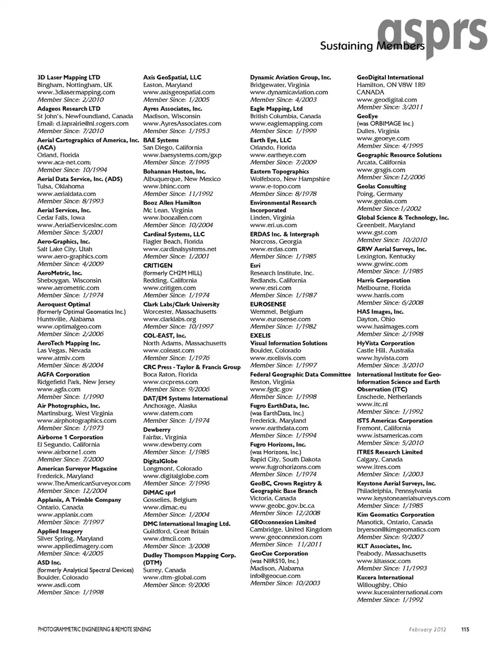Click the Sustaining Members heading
372,46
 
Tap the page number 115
465,629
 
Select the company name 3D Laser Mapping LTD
68,77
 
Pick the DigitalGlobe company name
160,461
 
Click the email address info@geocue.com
275,576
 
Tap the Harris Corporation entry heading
383,281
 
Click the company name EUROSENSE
268,305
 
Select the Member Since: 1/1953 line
176,131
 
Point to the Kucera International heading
385,578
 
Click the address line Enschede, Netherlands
389,397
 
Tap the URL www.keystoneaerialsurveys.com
403,498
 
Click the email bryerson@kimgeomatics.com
398,530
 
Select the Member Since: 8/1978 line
283,194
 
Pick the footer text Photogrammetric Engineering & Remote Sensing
94,629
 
